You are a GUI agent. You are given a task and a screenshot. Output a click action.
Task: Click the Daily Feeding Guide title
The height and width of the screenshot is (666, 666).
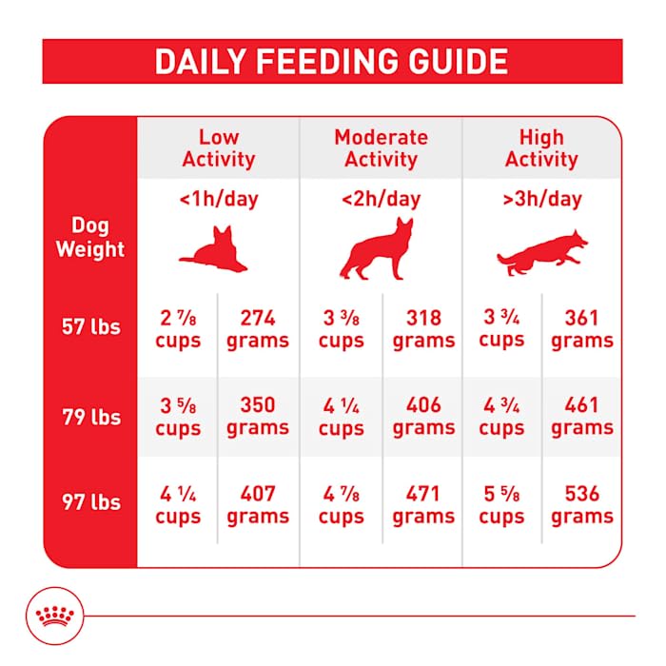pyautogui.click(x=332, y=62)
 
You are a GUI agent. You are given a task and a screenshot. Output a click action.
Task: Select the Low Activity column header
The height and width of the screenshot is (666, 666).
pyautogui.click(x=218, y=147)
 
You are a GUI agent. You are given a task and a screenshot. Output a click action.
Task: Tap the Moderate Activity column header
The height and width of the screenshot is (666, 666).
pyautogui.click(x=381, y=147)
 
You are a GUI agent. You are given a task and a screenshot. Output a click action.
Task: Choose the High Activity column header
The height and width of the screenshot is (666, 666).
pyautogui.click(x=541, y=147)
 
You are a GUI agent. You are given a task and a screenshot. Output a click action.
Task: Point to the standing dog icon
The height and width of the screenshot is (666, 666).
pyautogui.click(x=378, y=249)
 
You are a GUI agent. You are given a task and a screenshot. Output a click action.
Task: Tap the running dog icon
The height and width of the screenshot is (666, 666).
pyautogui.click(x=542, y=251)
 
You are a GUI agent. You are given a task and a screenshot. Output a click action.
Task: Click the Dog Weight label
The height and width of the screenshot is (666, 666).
pyautogui.click(x=90, y=238)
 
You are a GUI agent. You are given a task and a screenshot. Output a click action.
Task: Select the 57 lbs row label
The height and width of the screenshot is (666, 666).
pyautogui.click(x=91, y=327)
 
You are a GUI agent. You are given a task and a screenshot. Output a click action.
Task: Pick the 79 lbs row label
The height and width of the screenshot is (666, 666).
pyautogui.click(x=91, y=416)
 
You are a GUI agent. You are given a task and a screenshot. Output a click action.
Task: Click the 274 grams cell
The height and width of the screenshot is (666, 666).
pyautogui.click(x=258, y=328)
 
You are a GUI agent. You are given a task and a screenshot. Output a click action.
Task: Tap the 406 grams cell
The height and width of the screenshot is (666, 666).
pyautogui.click(x=423, y=417)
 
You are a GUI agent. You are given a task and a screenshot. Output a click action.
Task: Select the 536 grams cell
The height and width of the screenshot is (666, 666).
pyautogui.click(x=581, y=505)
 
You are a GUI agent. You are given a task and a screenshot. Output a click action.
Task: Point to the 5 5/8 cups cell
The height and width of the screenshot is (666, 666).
pyautogui.click(x=501, y=505)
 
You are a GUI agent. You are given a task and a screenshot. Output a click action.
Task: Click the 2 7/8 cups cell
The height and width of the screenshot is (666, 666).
pyautogui.click(x=177, y=328)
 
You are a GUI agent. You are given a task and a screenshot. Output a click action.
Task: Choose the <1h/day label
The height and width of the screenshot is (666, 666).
pyautogui.click(x=218, y=200)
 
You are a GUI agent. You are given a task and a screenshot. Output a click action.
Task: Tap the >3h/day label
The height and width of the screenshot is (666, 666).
pyautogui.click(x=541, y=200)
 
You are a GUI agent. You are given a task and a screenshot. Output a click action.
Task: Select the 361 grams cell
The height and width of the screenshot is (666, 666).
pyautogui.click(x=581, y=328)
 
